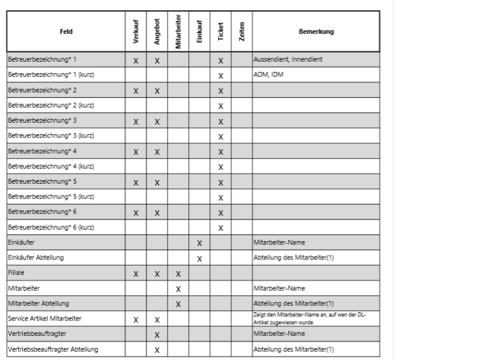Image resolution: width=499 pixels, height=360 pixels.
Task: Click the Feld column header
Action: tap(65, 31)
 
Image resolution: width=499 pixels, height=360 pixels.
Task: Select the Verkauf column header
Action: tap(136, 31)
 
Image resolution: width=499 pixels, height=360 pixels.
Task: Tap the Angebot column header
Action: tap(157, 31)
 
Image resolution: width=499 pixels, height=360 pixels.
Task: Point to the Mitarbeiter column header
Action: tap(178, 32)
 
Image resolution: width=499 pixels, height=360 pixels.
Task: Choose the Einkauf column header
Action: tap(199, 31)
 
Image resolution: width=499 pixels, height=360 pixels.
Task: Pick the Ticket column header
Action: tap(221, 31)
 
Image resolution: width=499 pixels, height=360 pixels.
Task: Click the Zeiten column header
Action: tap(242, 31)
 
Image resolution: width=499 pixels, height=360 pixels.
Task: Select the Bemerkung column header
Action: tap(316, 31)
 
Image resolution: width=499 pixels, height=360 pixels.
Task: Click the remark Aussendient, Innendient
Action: tap(288, 60)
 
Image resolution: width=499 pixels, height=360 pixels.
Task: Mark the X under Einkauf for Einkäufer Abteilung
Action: tap(199, 258)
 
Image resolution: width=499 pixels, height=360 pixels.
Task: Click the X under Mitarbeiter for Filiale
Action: tap(178, 273)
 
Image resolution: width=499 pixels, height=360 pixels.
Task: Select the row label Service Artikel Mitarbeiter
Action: tap(44, 319)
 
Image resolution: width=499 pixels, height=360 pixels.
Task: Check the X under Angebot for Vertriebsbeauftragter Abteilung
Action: tap(157, 349)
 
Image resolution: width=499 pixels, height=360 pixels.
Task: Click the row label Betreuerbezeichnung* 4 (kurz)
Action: tap(51, 167)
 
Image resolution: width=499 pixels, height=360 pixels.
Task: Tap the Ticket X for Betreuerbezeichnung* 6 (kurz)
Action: tap(221, 228)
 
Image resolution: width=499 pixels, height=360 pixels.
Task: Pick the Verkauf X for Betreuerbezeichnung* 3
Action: tap(136, 121)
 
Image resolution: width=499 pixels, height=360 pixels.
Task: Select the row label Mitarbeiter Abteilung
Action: tap(38, 303)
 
